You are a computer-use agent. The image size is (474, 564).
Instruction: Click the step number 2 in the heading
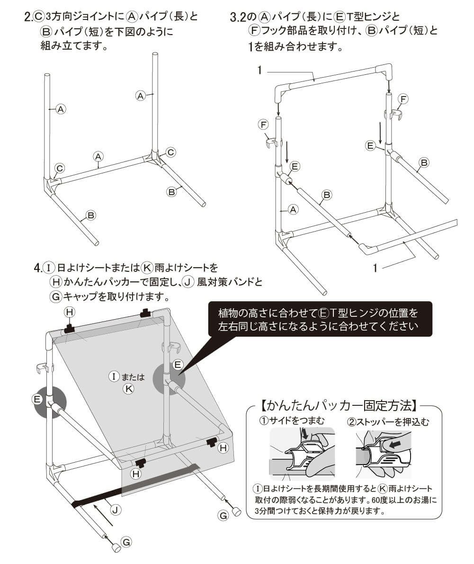[27, 18]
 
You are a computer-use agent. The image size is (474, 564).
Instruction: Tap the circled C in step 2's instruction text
[38, 18]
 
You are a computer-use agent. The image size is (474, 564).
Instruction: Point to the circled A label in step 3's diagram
[293, 209]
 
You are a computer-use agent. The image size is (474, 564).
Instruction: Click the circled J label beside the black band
[115, 510]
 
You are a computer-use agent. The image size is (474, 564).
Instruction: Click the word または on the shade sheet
[133, 377]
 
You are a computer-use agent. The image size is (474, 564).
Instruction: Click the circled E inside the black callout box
[324, 313]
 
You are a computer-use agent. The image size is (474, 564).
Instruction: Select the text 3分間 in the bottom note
[264, 511]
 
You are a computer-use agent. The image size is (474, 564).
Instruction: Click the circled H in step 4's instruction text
[56, 282]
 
